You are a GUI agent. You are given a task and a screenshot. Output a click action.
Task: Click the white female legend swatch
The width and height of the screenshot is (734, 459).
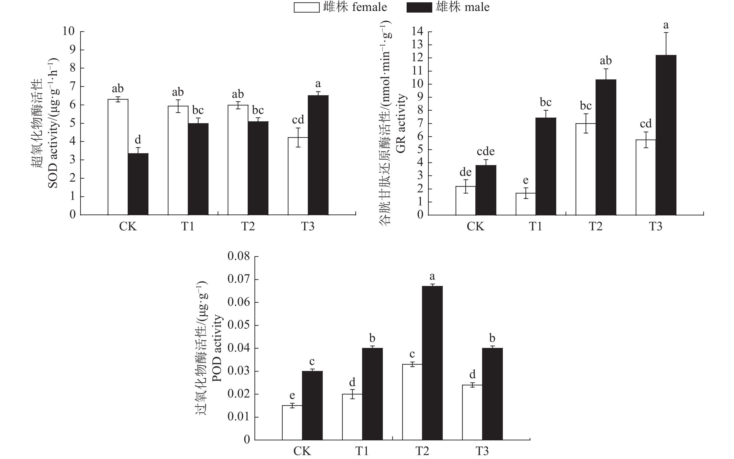306,7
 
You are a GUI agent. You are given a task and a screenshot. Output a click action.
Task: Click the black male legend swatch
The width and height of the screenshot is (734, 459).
419,7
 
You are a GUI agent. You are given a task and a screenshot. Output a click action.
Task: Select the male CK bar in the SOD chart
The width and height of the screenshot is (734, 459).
138,184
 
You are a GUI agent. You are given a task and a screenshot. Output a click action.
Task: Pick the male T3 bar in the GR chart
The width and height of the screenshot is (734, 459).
666,135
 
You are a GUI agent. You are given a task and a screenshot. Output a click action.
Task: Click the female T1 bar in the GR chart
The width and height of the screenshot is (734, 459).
525,204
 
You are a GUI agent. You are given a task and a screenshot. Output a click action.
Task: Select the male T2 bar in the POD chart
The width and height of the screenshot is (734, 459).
432,363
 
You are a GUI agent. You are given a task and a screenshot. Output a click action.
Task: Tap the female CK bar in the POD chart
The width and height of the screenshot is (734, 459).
292,423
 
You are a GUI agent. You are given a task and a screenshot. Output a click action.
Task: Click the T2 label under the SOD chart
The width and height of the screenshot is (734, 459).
248,226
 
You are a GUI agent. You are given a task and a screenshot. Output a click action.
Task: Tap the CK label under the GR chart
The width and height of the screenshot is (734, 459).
476,226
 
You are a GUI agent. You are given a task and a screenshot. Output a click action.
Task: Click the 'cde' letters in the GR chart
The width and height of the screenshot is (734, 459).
486,151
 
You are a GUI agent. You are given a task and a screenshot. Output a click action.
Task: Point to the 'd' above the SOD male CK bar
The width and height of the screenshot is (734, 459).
138,140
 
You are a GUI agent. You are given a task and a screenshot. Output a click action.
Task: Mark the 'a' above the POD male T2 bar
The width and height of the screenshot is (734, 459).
432,276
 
